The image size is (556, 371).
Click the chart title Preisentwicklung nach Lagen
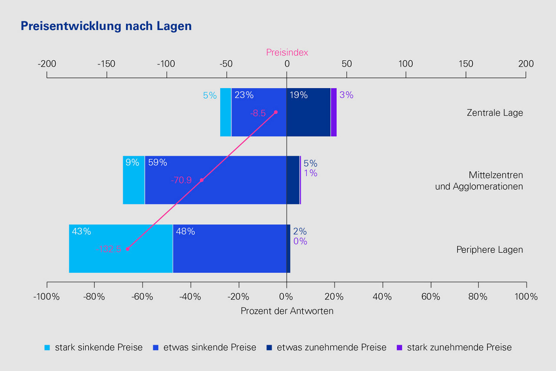click(106, 26)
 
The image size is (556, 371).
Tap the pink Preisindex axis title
click(287, 53)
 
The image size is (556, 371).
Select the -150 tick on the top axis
click(106, 64)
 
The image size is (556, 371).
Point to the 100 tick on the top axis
click(406, 64)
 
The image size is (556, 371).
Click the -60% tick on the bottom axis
click(142, 297)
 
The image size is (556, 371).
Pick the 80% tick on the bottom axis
click(478, 297)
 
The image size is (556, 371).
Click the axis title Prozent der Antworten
click(287, 311)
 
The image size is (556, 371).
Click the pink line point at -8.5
click(275, 112)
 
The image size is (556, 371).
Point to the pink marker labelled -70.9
click(202, 180)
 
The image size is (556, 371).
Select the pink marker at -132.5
click(127, 249)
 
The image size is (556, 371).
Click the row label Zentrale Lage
click(495, 113)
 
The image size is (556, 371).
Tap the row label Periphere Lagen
click(490, 250)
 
